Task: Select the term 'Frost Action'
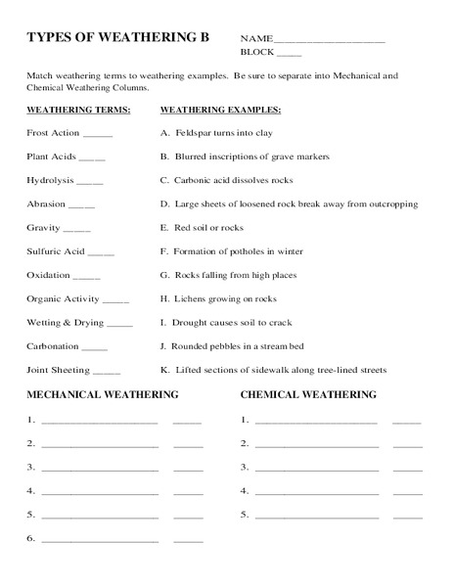pos(54,132)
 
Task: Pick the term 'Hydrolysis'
pos(49,180)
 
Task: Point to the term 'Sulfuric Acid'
pos(56,251)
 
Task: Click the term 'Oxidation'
pos(49,275)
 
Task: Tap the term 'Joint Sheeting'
pos(58,370)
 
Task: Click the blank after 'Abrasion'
pos(82,204)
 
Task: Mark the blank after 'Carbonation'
pos(95,346)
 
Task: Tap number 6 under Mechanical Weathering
pos(31,538)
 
